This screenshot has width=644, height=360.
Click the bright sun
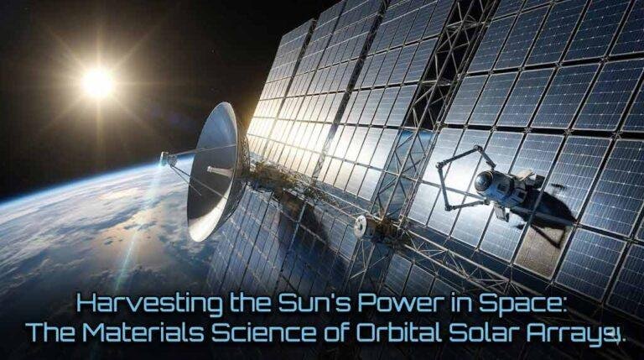[x=97, y=82]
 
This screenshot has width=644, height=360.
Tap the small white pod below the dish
[x=363, y=224]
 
